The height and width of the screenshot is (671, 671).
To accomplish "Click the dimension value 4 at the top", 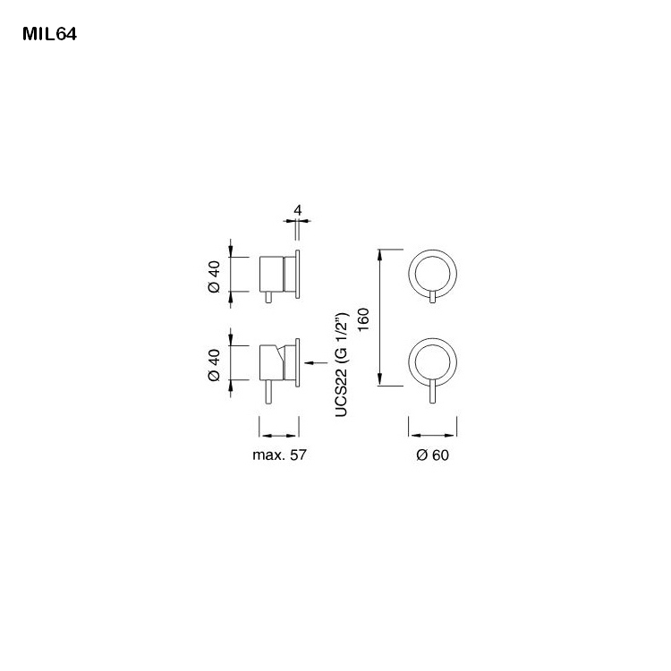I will click(x=297, y=211).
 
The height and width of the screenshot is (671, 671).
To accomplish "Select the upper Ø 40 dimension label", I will click(x=214, y=275).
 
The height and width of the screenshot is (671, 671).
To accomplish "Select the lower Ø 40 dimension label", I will click(x=214, y=364).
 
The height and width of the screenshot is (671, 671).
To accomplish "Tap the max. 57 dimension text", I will click(x=279, y=454).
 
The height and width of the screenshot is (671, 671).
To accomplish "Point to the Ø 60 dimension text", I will click(x=432, y=454).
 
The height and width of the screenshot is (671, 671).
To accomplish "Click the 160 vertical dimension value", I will click(x=362, y=319).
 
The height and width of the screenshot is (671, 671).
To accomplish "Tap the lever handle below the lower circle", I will click(x=433, y=392).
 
